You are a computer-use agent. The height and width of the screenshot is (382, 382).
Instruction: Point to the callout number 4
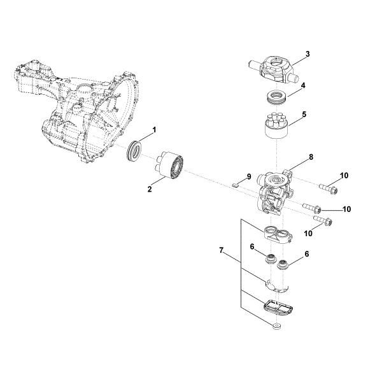pyautogui.click(x=303, y=85)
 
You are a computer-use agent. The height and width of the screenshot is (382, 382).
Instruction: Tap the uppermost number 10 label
pyautogui.click(x=344, y=176)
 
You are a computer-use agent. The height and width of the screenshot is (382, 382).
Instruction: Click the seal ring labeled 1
pyautogui.click(x=135, y=153)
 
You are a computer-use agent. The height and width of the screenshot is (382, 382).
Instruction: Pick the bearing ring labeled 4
pyautogui.click(x=276, y=99)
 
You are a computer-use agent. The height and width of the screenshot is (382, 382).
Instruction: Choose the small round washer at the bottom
pyautogui.click(x=275, y=326)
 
